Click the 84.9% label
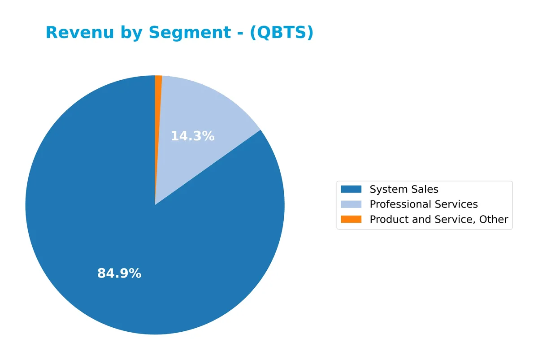coord(119,273)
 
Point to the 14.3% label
coord(193,136)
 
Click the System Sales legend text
coord(404,189)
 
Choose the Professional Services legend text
coord(424,204)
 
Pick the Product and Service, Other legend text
coord(439,219)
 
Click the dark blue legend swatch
coord(351,189)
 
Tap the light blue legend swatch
coord(351,204)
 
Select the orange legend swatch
coord(351,219)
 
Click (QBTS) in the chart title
coord(282,33)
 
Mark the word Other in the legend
coord(495,219)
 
